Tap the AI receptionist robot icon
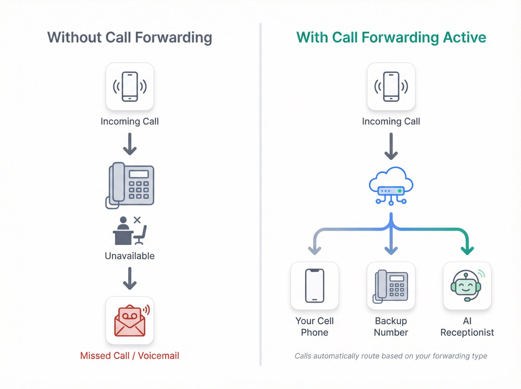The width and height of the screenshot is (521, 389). [x=466, y=286]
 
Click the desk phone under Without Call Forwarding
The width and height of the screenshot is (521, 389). [x=130, y=185]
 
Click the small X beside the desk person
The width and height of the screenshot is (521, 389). [x=137, y=220]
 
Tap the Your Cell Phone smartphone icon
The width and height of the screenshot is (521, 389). [x=314, y=286]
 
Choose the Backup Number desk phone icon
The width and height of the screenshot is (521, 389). [x=391, y=286]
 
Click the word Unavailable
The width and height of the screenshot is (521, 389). [x=130, y=256]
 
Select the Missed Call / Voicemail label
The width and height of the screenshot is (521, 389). [x=129, y=356]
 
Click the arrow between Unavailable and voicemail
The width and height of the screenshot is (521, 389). [x=130, y=278]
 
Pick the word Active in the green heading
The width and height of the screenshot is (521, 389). [x=464, y=37]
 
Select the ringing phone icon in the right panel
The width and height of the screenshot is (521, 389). [x=391, y=87]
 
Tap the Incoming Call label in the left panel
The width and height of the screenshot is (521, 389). [x=129, y=121]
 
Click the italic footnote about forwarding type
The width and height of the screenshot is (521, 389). [x=391, y=356]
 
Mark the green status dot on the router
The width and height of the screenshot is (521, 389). [x=400, y=191]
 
